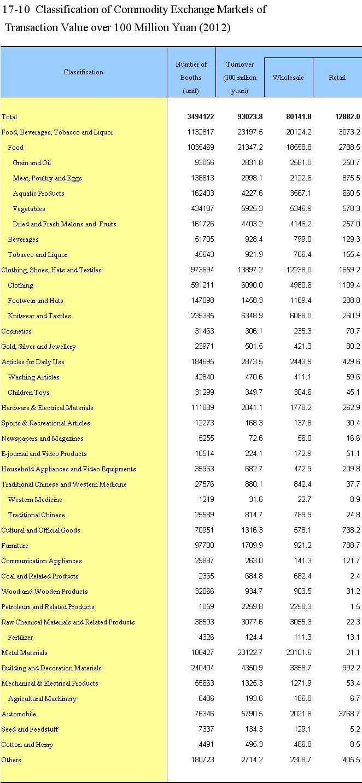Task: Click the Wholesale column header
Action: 288,78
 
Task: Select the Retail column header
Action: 337,78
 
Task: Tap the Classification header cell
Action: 83,72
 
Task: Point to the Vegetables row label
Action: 29,209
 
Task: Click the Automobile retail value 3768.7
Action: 347,714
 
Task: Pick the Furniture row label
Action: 15,546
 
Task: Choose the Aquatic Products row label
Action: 38,194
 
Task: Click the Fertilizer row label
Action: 20,638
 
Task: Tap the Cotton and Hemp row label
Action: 27,745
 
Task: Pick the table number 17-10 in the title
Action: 17,10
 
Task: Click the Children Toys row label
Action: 28,393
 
